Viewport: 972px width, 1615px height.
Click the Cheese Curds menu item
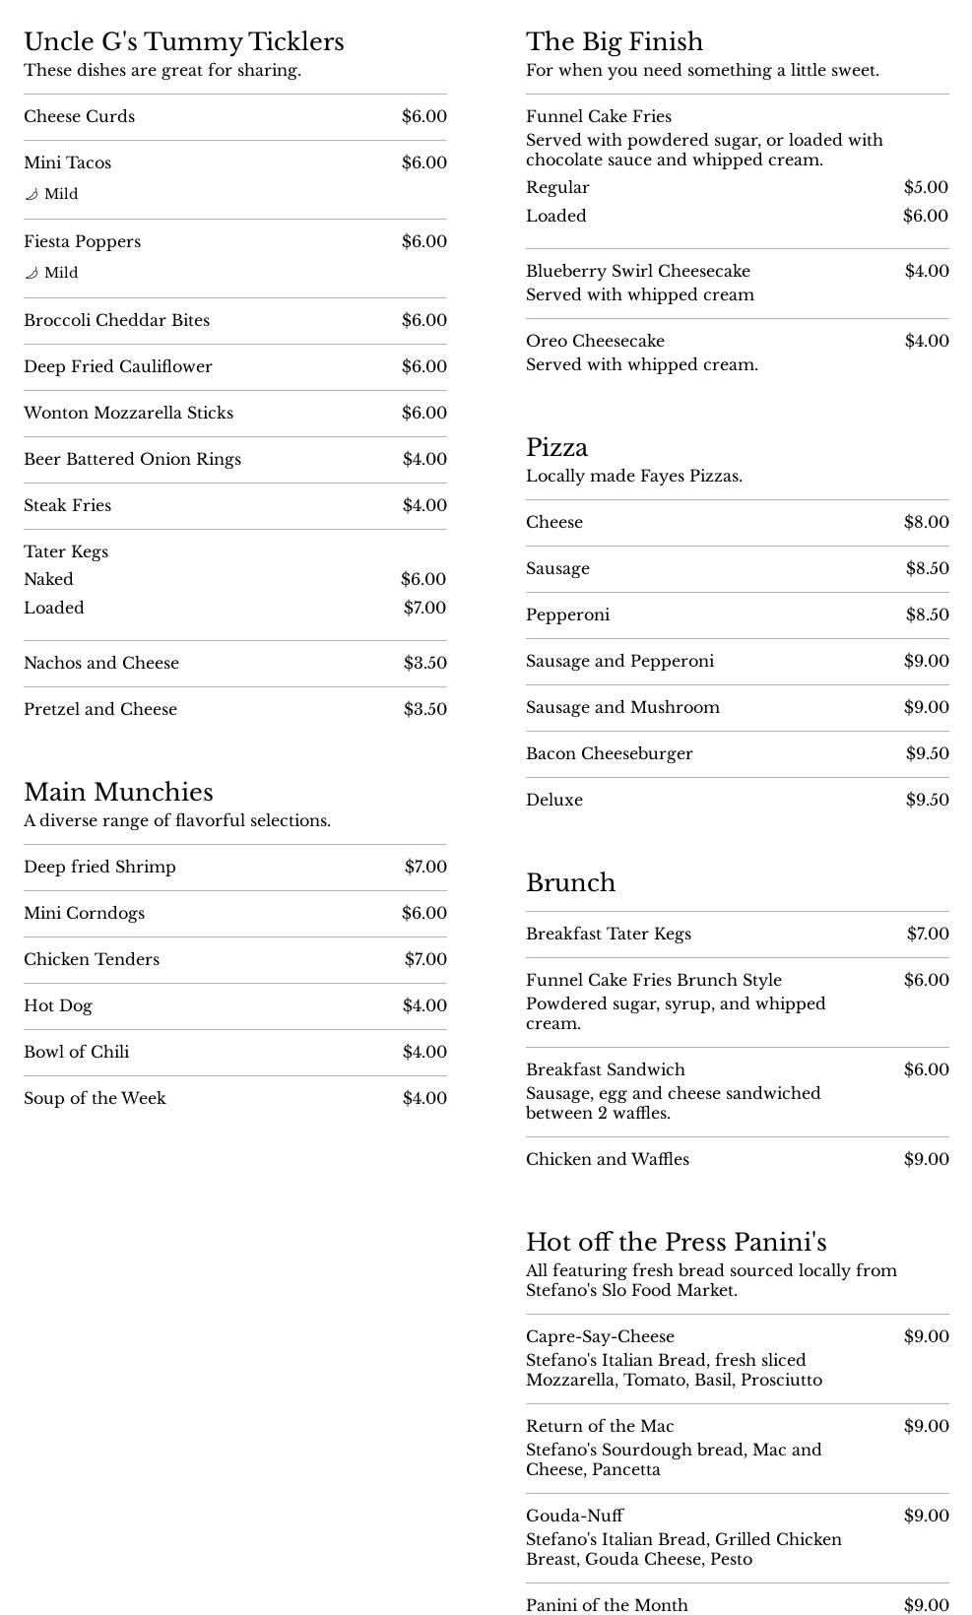[x=80, y=116]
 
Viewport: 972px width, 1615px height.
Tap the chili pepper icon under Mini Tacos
[x=32, y=194]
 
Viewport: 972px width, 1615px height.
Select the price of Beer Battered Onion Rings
[x=424, y=459]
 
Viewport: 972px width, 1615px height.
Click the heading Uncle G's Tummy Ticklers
[x=184, y=41]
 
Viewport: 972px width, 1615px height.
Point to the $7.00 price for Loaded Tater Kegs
[x=424, y=608]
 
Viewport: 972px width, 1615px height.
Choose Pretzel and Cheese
[x=100, y=709]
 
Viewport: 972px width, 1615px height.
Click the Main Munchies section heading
[x=118, y=792]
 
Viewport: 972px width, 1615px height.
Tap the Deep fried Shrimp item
[x=99, y=867]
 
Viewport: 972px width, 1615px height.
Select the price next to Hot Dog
[x=424, y=1005]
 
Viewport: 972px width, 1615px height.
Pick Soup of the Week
[x=95, y=1098]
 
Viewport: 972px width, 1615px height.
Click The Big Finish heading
[x=615, y=41]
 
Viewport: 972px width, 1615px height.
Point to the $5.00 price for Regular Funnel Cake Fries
[x=926, y=187]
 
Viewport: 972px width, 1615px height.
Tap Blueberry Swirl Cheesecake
[x=638, y=271]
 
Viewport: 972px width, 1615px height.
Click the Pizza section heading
[x=556, y=447]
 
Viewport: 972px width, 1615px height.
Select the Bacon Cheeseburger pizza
[x=610, y=753]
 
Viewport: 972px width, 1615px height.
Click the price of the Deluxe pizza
[x=927, y=800]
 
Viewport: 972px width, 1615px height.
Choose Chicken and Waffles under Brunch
[x=608, y=1159]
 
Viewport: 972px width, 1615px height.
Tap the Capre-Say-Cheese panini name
[x=600, y=1336]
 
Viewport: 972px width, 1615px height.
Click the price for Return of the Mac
[x=926, y=1426]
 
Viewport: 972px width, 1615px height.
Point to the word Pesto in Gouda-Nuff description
[x=730, y=1559]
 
